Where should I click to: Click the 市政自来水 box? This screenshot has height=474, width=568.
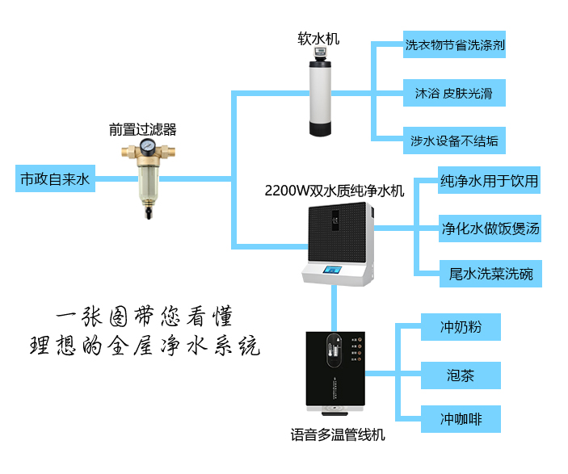tap(55, 179)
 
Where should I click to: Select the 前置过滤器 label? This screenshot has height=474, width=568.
tap(143, 128)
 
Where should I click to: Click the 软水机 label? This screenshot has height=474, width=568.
tap(319, 39)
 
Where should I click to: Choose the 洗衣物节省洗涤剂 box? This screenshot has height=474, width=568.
tap(455, 45)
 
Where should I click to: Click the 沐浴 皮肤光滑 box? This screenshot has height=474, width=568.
tap(455, 93)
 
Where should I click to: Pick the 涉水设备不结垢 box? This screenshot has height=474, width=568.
tap(455, 141)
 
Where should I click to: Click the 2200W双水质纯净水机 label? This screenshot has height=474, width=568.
tap(334, 191)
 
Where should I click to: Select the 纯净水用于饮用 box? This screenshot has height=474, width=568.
tap(489, 180)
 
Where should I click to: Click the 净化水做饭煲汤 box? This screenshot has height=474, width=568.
tap(490, 229)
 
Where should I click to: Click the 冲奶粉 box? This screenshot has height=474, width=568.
tap(461, 327)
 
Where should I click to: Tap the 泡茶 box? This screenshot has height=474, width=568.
tap(461, 375)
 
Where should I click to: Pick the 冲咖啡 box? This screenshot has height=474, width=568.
tap(461, 420)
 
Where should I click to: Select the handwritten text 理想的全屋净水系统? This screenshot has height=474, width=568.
tap(145, 346)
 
